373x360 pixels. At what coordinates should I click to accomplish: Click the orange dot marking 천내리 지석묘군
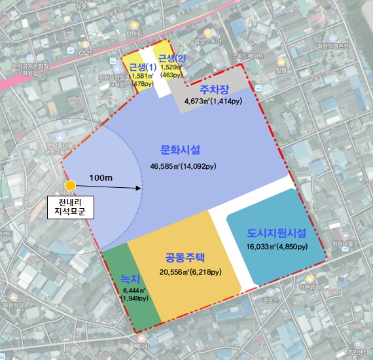pyautogui.click(x=71, y=187)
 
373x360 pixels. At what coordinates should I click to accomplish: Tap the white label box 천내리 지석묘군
pyautogui.click(x=71, y=209)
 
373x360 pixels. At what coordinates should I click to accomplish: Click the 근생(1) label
pyautogui.click(x=142, y=67)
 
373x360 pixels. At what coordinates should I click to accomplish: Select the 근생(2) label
pyautogui.click(x=172, y=60)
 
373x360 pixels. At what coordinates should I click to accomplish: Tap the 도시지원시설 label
pyautogui.click(x=277, y=233)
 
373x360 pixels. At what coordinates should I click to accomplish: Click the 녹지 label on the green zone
pyautogui.click(x=130, y=278)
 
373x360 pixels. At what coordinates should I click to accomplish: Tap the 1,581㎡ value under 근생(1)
pyautogui.click(x=142, y=76)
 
